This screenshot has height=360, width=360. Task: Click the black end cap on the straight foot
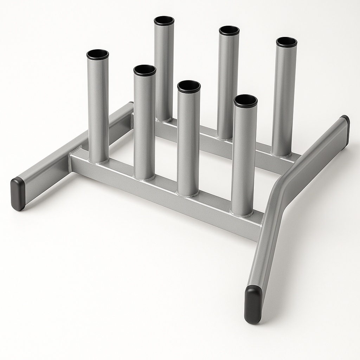point(18,193)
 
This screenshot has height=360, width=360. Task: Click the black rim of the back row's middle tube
point(229,31)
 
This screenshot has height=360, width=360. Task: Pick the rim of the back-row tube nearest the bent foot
point(286,42)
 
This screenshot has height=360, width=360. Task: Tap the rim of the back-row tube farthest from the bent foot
point(164,21)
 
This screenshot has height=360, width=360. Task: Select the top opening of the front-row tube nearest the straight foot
point(97,54)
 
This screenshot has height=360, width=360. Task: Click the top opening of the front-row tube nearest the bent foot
point(245,101)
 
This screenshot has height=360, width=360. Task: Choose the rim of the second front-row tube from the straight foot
point(144,70)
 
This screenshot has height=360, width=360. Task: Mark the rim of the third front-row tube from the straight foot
point(189,86)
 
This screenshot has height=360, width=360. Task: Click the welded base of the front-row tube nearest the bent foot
point(242,212)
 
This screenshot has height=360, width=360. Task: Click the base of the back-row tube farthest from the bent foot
point(163,118)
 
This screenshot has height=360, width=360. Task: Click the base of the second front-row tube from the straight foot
point(144,176)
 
